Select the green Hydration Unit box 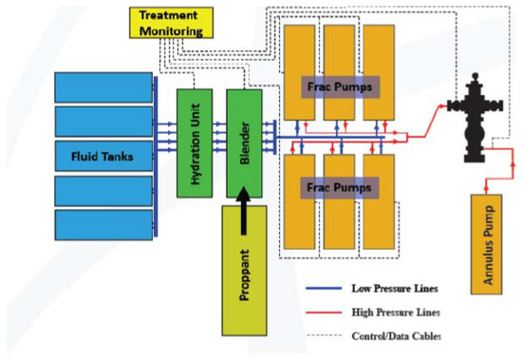194,142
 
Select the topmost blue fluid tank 103,86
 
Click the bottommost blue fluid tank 103,224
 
